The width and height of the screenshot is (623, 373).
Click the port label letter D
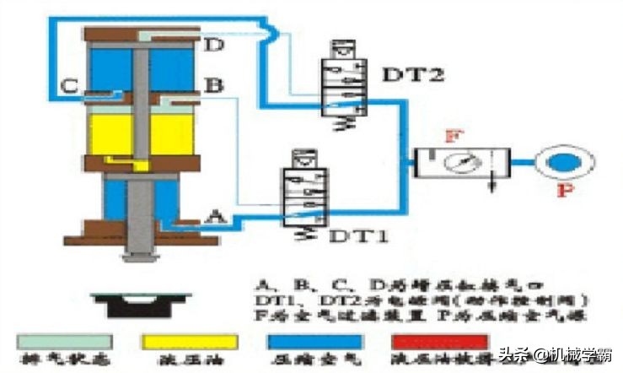(x=217, y=45)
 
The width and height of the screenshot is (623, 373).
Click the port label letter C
(x=72, y=84)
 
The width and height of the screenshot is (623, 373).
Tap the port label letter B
(x=213, y=84)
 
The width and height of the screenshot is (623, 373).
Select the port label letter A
(x=216, y=217)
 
